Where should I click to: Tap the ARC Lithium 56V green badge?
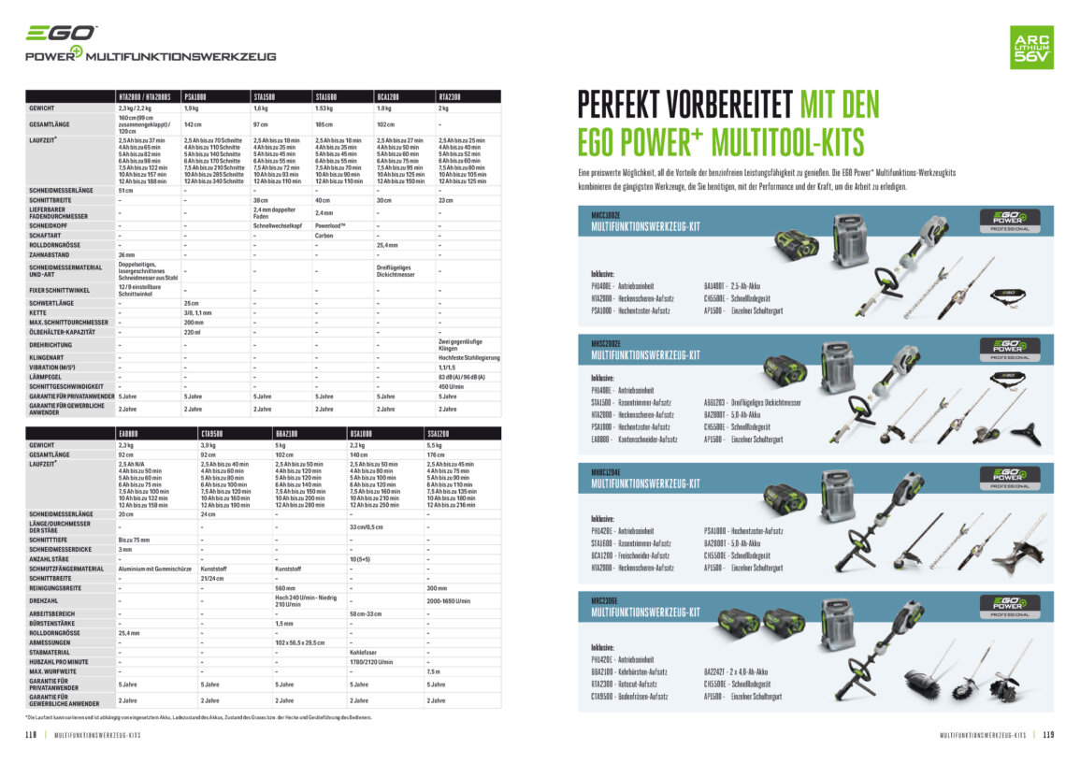(x=1031, y=47)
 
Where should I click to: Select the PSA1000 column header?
(x=195, y=96)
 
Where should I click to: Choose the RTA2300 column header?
(x=450, y=96)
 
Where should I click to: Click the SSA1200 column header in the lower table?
(x=438, y=433)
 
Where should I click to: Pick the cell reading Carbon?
(x=324, y=237)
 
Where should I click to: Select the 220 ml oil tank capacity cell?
(x=193, y=331)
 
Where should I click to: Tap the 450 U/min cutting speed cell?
(x=452, y=385)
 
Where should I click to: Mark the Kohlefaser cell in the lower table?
(x=363, y=652)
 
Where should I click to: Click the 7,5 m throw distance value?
(x=433, y=670)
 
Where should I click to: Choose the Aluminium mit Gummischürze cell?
(x=155, y=568)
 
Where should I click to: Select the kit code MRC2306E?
(x=606, y=600)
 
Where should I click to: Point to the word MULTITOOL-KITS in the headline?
(x=787, y=142)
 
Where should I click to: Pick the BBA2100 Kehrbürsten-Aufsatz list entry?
(x=629, y=671)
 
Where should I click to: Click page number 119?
(x=1047, y=735)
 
